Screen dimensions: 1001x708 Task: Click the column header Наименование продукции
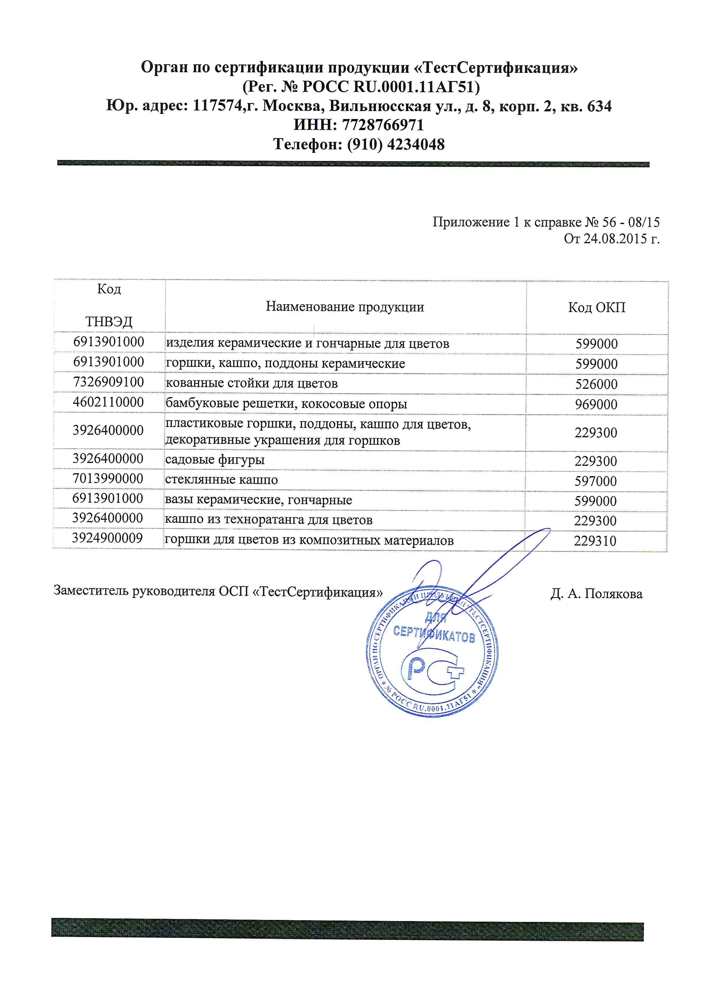click(x=345, y=307)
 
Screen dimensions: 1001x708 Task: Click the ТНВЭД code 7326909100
click(x=108, y=382)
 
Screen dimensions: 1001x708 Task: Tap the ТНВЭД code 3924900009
click(x=108, y=538)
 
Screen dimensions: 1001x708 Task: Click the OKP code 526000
click(x=596, y=384)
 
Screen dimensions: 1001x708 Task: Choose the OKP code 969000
click(x=596, y=404)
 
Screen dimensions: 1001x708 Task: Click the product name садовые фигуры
click(x=215, y=460)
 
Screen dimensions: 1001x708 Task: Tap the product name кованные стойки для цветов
click(x=252, y=384)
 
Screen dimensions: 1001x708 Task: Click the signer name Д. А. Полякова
click(x=596, y=594)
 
